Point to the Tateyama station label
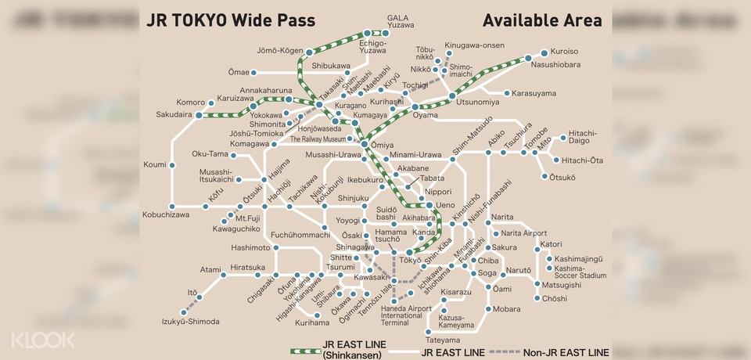point(442,340)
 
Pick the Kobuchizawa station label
point(166,214)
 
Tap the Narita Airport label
point(523,233)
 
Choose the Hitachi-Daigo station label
point(582,137)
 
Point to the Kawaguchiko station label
point(236,229)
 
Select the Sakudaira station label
point(174,114)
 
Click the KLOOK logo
point(42,340)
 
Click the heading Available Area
point(542,20)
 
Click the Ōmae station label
point(239,72)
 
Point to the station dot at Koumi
point(171,164)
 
